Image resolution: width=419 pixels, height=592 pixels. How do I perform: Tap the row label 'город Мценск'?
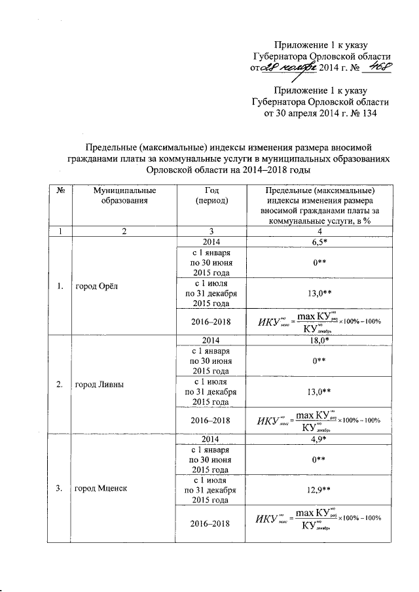click(99, 488)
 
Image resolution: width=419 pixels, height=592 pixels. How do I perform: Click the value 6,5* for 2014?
click(319, 242)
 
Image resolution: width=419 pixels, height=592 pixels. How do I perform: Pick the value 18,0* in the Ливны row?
click(319, 341)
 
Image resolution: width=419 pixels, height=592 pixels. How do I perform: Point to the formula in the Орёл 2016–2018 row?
click(319, 322)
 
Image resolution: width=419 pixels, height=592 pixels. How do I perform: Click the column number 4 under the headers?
click(319, 231)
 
